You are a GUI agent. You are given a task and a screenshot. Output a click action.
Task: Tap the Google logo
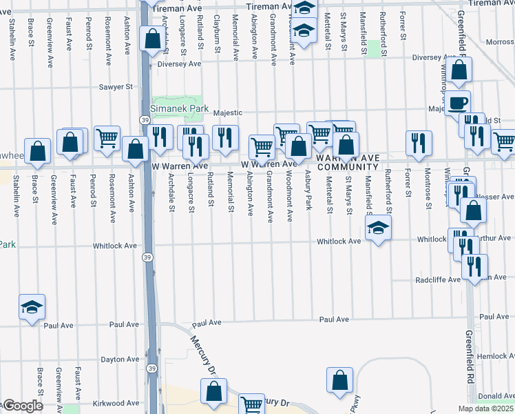point(22,406)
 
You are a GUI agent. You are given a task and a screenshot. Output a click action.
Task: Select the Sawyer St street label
point(115,87)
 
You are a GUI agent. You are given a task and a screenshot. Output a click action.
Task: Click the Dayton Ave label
point(120,359)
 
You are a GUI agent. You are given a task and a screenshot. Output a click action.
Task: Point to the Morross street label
point(500,42)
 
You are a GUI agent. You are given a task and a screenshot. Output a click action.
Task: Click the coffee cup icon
point(457,103)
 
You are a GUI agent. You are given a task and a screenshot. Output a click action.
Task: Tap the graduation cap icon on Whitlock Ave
point(378,228)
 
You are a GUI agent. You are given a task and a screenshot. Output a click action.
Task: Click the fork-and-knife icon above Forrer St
point(419,143)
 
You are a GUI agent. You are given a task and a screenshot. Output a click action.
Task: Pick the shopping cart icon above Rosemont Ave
point(107,138)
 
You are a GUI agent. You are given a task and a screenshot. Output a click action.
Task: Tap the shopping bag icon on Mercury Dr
point(214,391)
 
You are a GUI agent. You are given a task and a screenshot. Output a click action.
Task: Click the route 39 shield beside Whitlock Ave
point(147,257)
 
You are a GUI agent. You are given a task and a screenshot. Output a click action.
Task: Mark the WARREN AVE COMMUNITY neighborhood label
point(347,163)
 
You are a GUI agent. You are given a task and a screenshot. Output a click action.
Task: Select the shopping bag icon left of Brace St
point(39,151)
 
